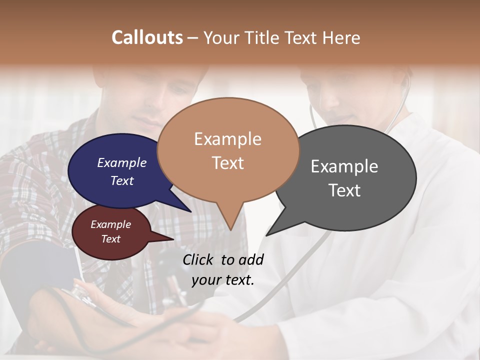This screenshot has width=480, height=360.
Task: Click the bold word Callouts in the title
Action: click(147, 37)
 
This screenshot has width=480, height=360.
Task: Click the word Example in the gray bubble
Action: click(344, 166)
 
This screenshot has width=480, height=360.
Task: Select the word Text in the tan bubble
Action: click(228, 163)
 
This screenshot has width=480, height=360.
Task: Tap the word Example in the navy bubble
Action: click(122, 163)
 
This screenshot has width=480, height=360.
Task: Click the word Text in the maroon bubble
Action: click(111, 239)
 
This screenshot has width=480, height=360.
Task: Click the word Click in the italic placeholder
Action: click(198, 259)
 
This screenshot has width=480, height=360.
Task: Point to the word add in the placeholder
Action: click(251, 259)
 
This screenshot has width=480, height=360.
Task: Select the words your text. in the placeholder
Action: click(223, 280)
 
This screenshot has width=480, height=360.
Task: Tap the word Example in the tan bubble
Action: click(228, 139)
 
